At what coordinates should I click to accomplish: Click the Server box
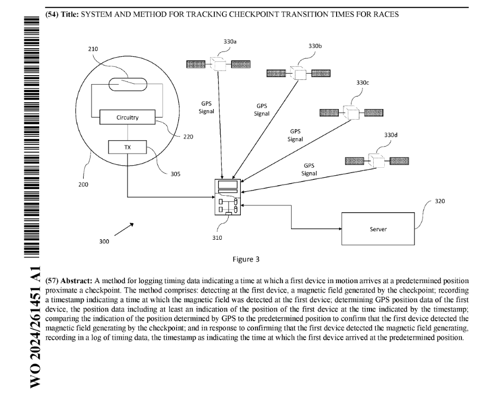378,229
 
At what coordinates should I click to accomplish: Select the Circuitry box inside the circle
128,117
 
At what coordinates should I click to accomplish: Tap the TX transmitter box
127,147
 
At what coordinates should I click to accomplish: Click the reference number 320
440,201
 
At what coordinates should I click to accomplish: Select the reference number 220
188,137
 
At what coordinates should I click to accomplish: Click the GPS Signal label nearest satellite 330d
309,169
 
